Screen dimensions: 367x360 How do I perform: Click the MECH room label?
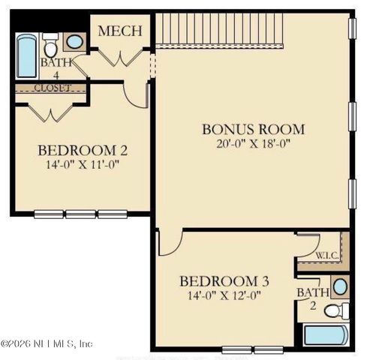pos(120,31)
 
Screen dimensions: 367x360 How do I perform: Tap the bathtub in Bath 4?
pos(26,55)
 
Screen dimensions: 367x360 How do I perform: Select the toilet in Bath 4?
pos(50,45)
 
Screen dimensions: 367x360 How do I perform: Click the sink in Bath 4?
pos(74,42)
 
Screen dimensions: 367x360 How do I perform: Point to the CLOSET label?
pos(53,88)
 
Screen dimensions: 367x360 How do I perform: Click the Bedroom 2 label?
pos(83,150)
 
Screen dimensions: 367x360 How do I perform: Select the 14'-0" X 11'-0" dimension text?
pos(83,165)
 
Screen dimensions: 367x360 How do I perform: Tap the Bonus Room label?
pos(253,129)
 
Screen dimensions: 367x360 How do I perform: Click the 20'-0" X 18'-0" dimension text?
pos(253,144)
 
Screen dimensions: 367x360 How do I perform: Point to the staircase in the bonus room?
pos(219,31)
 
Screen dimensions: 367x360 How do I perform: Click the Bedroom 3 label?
pos(224,281)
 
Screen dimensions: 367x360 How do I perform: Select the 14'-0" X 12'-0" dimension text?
pos(224,295)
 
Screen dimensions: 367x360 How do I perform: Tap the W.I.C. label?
pos(327,256)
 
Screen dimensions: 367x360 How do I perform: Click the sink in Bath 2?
pos(340,287)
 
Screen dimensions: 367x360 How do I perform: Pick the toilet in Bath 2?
pos(337,310)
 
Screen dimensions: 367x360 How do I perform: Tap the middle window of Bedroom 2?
pos(80,214)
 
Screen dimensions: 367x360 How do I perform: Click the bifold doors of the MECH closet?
pos(120,58)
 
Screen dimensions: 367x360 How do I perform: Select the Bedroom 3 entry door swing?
pos(170,243)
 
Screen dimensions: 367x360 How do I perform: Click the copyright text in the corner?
pos(47,343)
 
